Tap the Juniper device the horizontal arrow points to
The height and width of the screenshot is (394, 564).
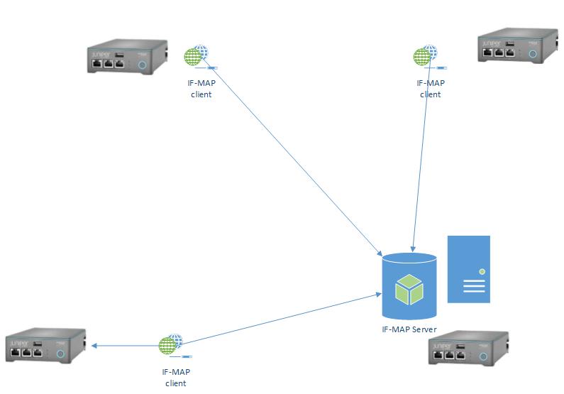tap(45, 348)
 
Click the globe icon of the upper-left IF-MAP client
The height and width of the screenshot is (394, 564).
tap(196, 56)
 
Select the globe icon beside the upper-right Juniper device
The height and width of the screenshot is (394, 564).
tap(426, 55)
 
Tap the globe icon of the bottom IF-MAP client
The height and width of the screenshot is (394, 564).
tap(170, 346)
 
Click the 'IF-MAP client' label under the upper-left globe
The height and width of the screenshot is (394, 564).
tap(201, 89)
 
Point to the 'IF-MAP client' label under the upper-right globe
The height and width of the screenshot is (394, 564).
tap(430, 88)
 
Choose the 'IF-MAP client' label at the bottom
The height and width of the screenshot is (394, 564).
tap(175, 377)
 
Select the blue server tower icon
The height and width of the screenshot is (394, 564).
tap(468, 269)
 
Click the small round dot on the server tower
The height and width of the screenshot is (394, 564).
tap(482, 271)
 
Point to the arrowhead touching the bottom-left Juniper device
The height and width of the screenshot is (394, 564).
tap(93, 346)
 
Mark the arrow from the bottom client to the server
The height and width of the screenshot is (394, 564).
tap(284, 319)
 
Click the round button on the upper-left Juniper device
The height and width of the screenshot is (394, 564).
tap(142, 65)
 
